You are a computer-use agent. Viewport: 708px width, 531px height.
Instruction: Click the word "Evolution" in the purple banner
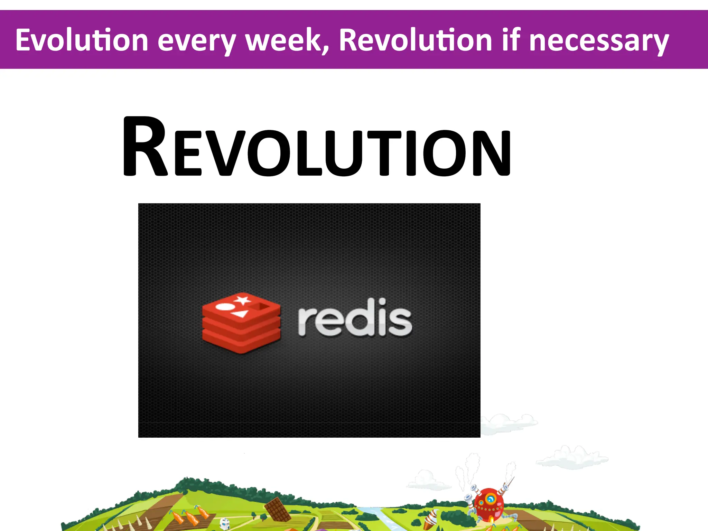[x=82, y=40]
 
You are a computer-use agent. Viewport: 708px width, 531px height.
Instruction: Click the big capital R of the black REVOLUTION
[x=145, y=147]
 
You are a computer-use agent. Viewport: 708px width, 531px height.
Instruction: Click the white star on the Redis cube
[x=243, y=300]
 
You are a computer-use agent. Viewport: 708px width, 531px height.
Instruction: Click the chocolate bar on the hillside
[x=278, y=509]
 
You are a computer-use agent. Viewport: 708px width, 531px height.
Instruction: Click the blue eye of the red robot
[x=490, y=499]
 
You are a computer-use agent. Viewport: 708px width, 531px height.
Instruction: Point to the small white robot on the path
[x=224, y=523]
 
